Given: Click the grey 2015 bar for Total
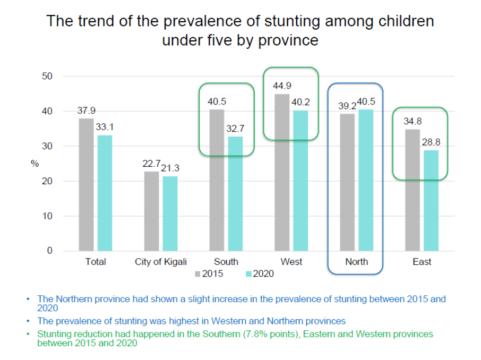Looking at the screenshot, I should (x=86, y=184).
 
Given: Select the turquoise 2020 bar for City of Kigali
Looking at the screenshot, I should (x=170, y=213).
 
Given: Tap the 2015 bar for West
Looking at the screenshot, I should (x=282, y=172).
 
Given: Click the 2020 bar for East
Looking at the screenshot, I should (x=431, y=200).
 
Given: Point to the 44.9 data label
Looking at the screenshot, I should (x=282, y=85).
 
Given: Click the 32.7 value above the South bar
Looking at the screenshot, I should (x=236, y=128).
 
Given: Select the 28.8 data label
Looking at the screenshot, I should (x=431, y=142).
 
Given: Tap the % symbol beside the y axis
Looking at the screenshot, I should (x=35, y=164).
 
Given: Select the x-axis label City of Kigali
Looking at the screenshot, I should (x=161, y=262).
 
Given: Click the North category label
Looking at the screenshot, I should (x=356, y=262).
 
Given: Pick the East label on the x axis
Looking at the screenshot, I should (x=422, y=262).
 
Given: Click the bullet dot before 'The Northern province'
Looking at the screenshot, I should (x=28, y=299).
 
